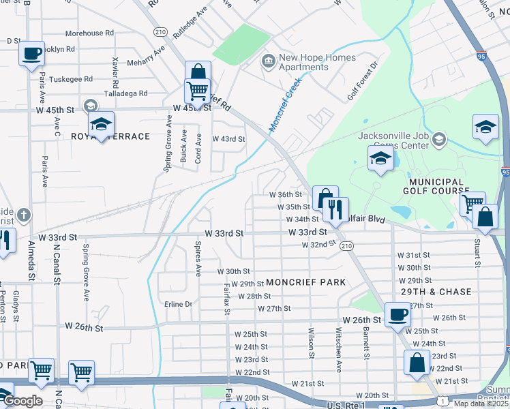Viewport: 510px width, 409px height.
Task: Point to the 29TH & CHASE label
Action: pyautogui.click(x=436, y=292)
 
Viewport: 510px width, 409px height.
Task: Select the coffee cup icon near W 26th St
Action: pyautogui.click(x=397, y=314)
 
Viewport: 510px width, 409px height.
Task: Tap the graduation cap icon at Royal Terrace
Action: pyautogui.click(x=101, y=124)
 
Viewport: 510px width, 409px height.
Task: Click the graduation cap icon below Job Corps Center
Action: pyautogui.click(x=380, y=160)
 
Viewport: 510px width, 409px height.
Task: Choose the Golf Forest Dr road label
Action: pyautogui.click(x=362, y=82)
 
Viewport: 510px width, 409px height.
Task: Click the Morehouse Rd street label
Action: pyautogui.click(x=89, y=33)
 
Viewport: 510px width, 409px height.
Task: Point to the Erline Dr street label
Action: pyautogui.click(x=179, y=303)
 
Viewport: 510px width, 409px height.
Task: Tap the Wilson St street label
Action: pyautogui.click(x=311, y=345)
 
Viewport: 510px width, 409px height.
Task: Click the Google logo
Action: pyautogui.click(x=24, y=401)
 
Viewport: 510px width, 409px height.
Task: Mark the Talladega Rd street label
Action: pyautogui.click(x=125, y=93)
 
